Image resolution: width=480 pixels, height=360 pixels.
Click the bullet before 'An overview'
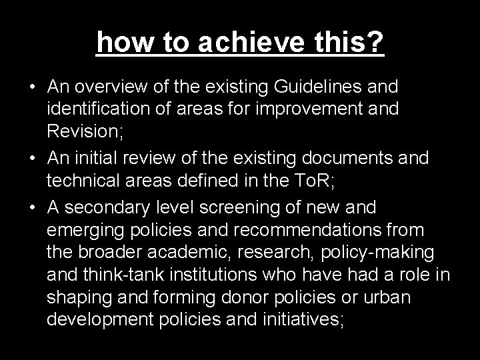32,87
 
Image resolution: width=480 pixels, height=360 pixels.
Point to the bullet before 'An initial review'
32,157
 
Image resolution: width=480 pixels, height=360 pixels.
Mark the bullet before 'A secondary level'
32,208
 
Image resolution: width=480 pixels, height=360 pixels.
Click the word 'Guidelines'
316,87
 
